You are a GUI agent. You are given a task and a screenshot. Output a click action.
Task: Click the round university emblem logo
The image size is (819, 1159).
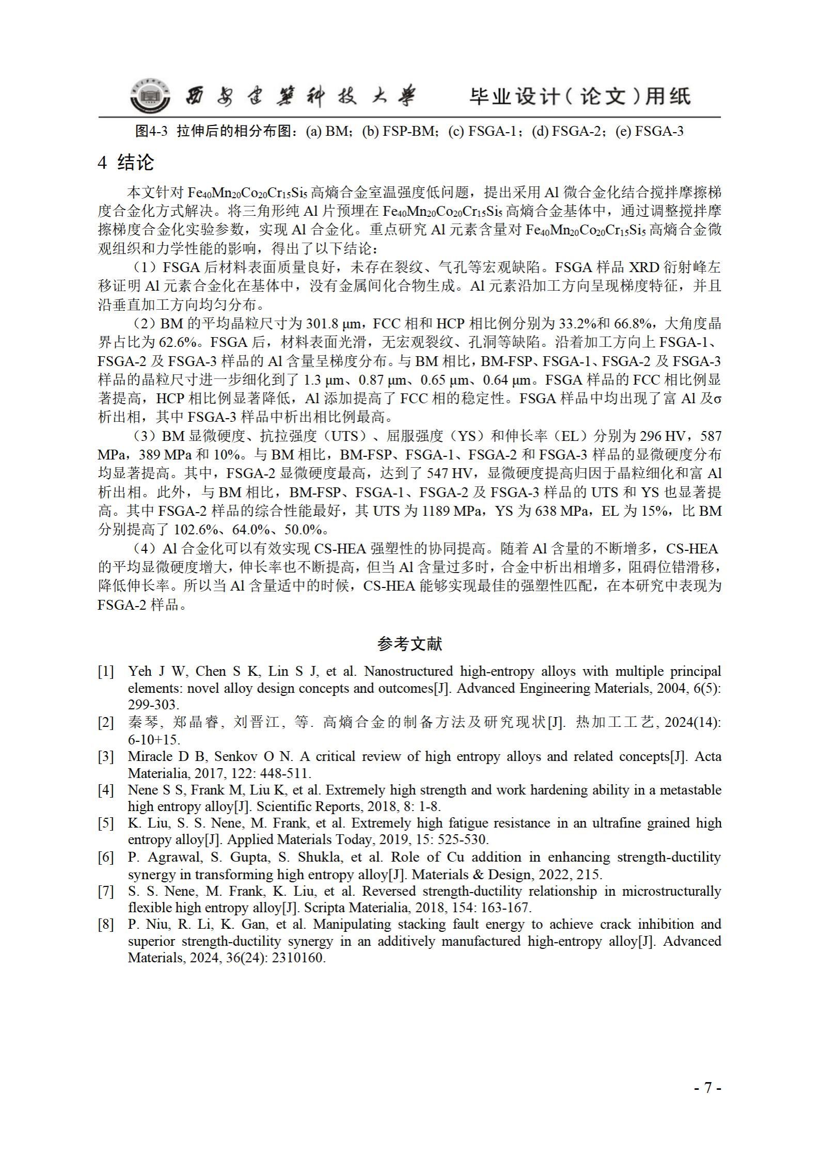point(149,97)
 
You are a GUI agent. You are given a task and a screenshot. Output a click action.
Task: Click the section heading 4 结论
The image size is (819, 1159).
point(125,163)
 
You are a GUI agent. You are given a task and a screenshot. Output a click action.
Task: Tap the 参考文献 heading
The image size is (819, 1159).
point(409,644)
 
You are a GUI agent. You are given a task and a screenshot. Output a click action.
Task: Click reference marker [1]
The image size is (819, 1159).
point(105,672)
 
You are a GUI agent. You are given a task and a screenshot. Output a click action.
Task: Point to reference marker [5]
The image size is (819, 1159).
point(105,823)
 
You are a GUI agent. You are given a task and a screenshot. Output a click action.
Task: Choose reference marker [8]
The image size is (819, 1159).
point(105,924)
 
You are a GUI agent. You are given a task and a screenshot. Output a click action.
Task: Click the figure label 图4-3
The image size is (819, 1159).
point(151,131)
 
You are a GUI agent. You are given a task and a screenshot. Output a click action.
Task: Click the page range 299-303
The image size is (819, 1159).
point(153,705)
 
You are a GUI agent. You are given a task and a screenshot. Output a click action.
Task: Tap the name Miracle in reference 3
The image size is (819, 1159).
point(148,757)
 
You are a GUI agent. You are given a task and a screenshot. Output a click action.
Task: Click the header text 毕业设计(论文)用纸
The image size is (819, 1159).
point(579,97)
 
